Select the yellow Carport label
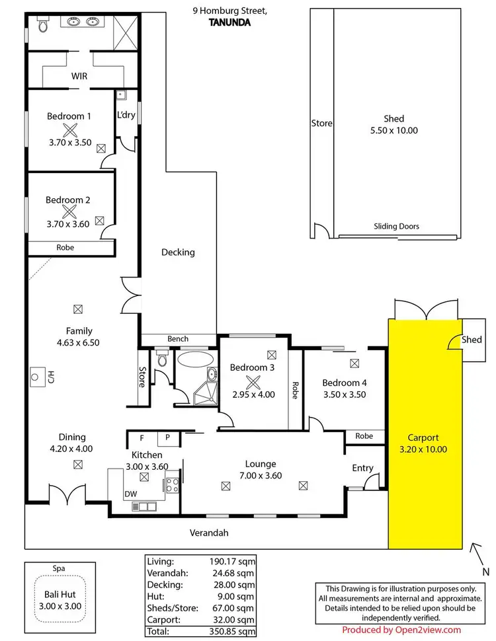tap(423, 437)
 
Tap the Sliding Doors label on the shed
tap(396, 226)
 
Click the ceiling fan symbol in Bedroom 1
tap(69, 130)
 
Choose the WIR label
tap(79, 76)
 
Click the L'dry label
tap(126, 114)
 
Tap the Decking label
tap(178, 252)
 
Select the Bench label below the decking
tap(177, 339)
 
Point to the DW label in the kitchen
tap(130, 494)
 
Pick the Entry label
tap(362, 468)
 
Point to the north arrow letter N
tap(485, 572)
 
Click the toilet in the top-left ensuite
tap(42, 26)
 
